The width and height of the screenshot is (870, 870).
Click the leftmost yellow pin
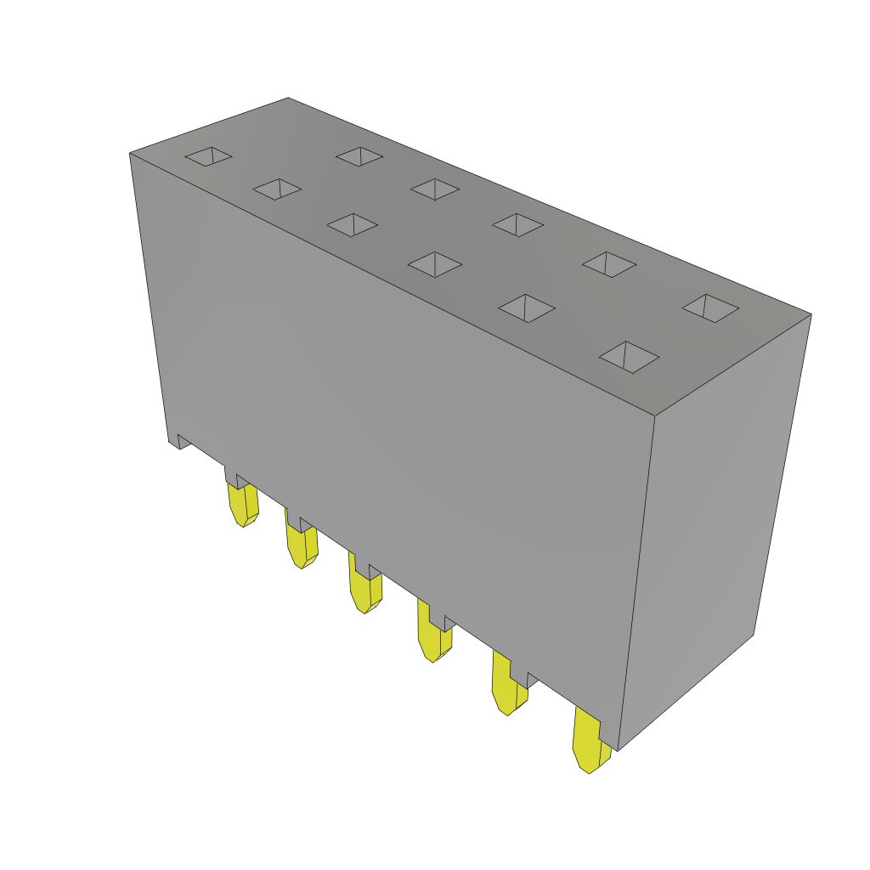click(243, 505)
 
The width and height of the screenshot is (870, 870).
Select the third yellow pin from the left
click(365, 591)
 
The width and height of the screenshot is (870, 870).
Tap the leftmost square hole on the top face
click(209, 156)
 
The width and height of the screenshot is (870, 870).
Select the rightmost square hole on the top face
click(710, 308)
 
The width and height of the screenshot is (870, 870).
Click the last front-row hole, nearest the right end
click(629, 357)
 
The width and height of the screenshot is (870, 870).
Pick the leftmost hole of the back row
click(359, 156)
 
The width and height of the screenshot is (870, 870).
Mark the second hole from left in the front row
click(277, 189)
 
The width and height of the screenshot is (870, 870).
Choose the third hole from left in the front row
click(352, 224)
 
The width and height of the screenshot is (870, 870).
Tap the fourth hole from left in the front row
click(435, 264)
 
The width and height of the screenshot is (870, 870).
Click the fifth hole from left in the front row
click(527, 308)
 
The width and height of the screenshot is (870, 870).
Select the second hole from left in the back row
click(435, 189)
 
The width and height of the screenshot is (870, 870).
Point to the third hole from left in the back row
click(517, 224)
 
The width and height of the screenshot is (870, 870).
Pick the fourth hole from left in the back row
click(609, 264)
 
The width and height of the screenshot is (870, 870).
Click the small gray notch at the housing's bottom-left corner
click(182, 442)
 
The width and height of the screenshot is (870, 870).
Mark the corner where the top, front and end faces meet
click(655, 415)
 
